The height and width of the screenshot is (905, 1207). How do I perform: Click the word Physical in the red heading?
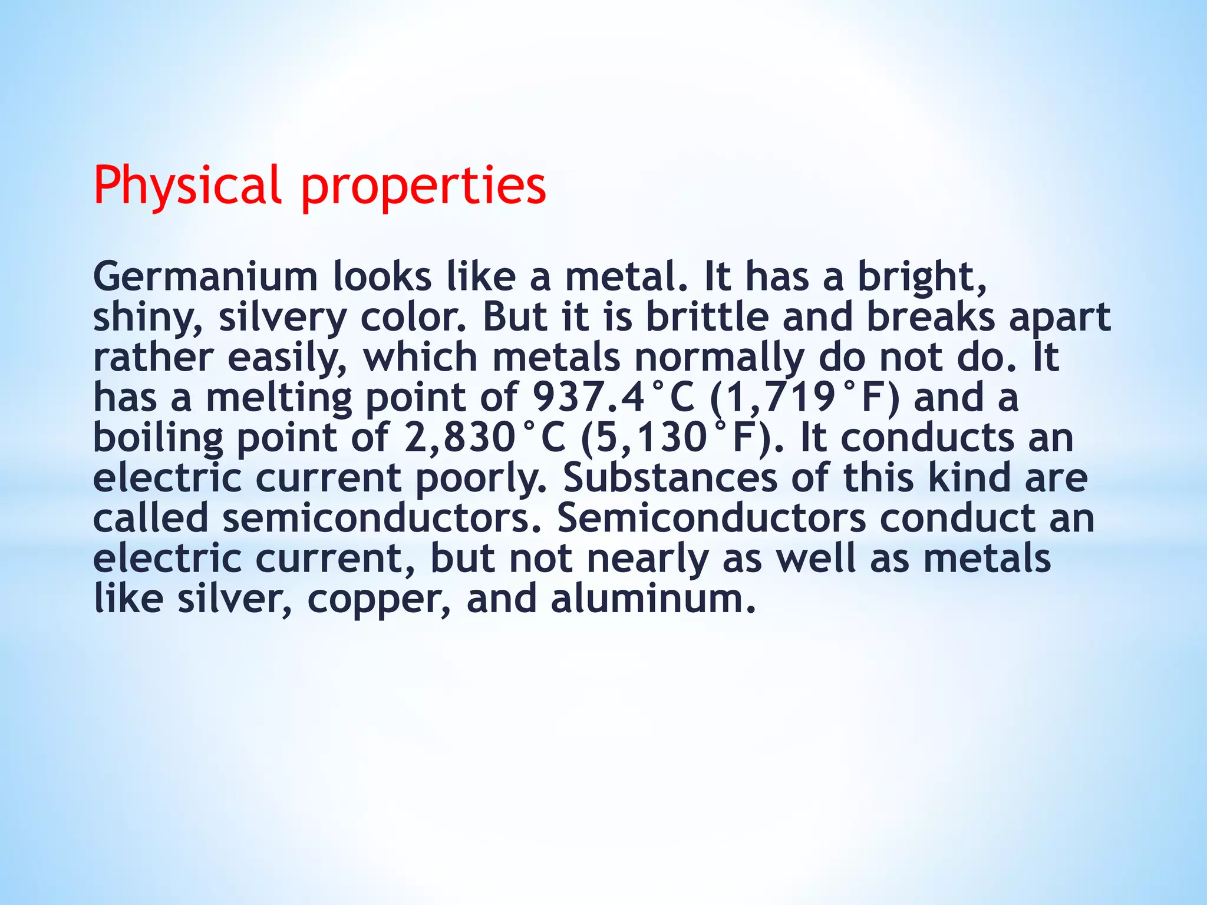click(187, 186)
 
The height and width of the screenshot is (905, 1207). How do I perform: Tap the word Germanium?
click(205, 277)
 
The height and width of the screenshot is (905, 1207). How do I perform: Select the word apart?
click(1060, 318)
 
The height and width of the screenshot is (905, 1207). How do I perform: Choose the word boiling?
click(158, 438)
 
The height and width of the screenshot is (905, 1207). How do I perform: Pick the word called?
click(151, 518)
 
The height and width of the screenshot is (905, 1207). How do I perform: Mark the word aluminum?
click(653, 599)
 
